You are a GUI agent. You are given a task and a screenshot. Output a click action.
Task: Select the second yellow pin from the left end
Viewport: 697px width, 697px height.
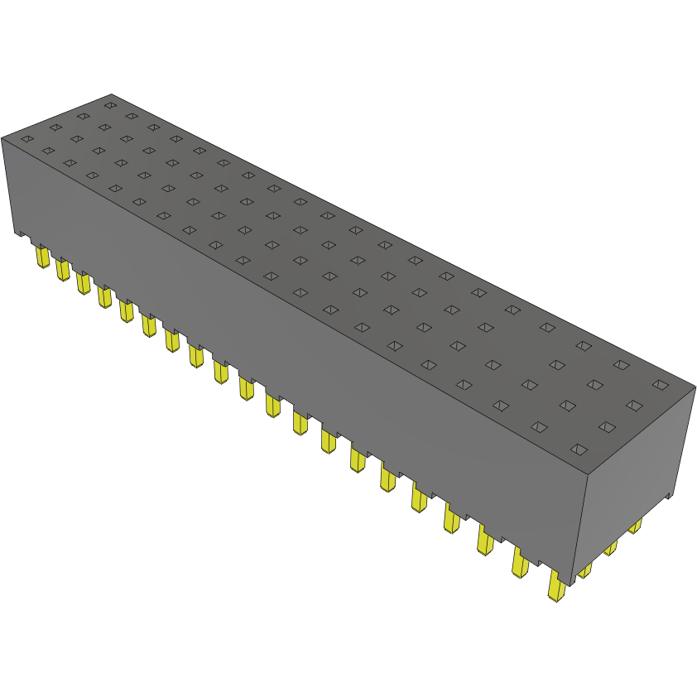tap(61, 269)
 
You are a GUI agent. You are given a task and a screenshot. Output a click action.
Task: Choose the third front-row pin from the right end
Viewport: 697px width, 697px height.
tap(485, 541)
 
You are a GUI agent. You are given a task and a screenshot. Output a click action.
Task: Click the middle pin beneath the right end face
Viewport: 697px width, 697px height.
tap(610, 547)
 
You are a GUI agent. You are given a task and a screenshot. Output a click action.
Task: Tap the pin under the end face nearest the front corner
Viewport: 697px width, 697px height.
tap(584, 570)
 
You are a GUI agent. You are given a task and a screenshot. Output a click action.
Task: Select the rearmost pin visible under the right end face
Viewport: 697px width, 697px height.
tap(635, 526)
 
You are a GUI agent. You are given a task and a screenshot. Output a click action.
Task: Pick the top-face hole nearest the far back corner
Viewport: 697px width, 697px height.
tap(109, 105)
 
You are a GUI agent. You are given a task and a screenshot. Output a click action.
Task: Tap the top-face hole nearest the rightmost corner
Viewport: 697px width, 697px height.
tap(659, 384)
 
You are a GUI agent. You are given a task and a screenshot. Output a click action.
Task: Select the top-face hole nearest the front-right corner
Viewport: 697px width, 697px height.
tap(579, 449)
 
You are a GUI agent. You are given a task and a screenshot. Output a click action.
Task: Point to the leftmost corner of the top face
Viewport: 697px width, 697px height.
tap(2, 137)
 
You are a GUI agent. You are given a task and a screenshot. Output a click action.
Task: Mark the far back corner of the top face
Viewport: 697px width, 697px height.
tap(111, 94)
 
